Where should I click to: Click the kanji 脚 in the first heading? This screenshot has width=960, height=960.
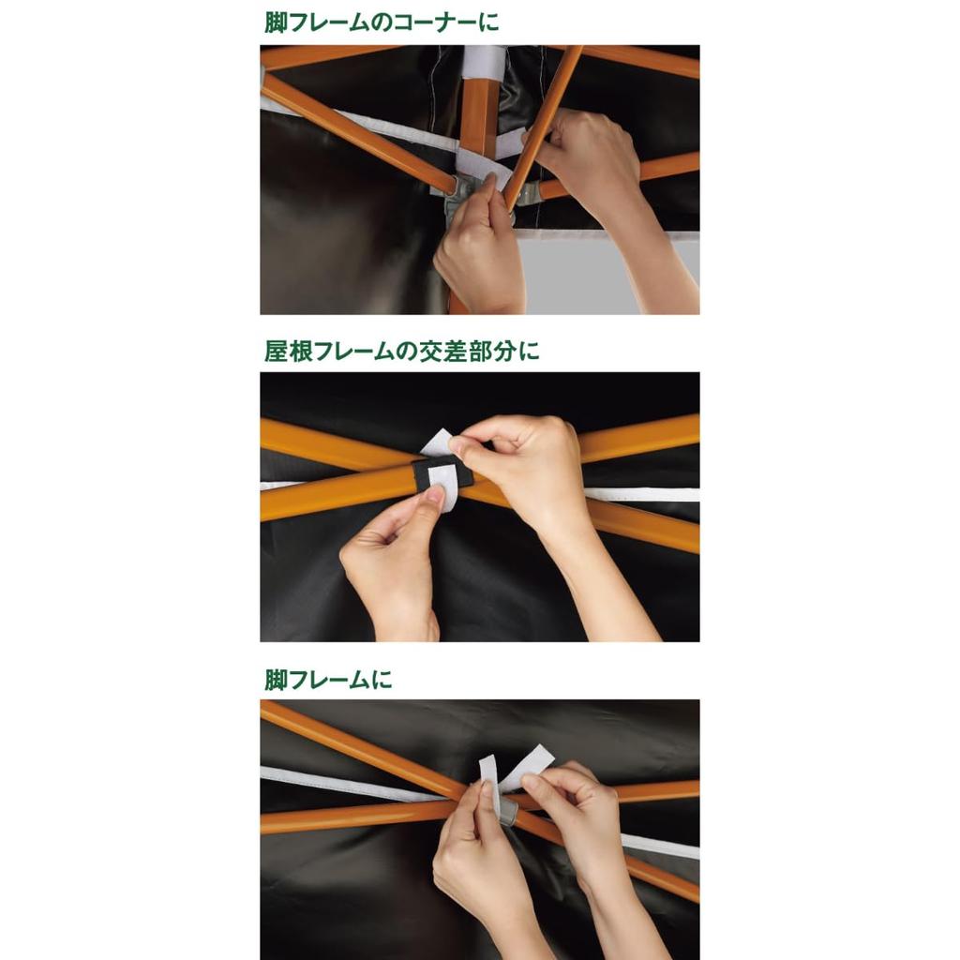click(277, 22)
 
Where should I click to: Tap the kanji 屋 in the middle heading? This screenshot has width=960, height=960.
click(277, 352)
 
